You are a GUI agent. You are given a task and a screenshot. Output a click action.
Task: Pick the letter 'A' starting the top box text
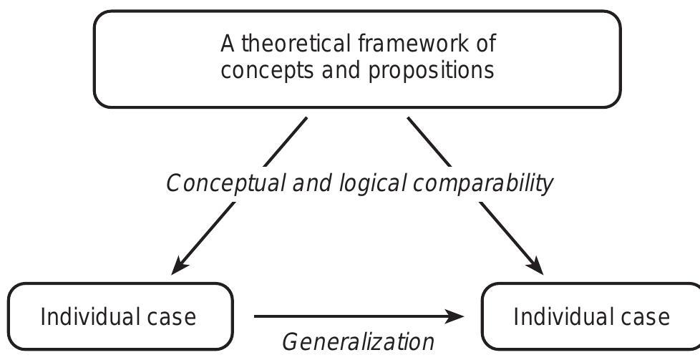coord(228,44)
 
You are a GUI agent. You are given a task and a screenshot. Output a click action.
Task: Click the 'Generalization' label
coord(358,341)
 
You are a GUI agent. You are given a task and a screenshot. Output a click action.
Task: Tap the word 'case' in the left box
coord(172,316)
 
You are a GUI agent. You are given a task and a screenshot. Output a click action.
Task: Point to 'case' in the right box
coord(646,316)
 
